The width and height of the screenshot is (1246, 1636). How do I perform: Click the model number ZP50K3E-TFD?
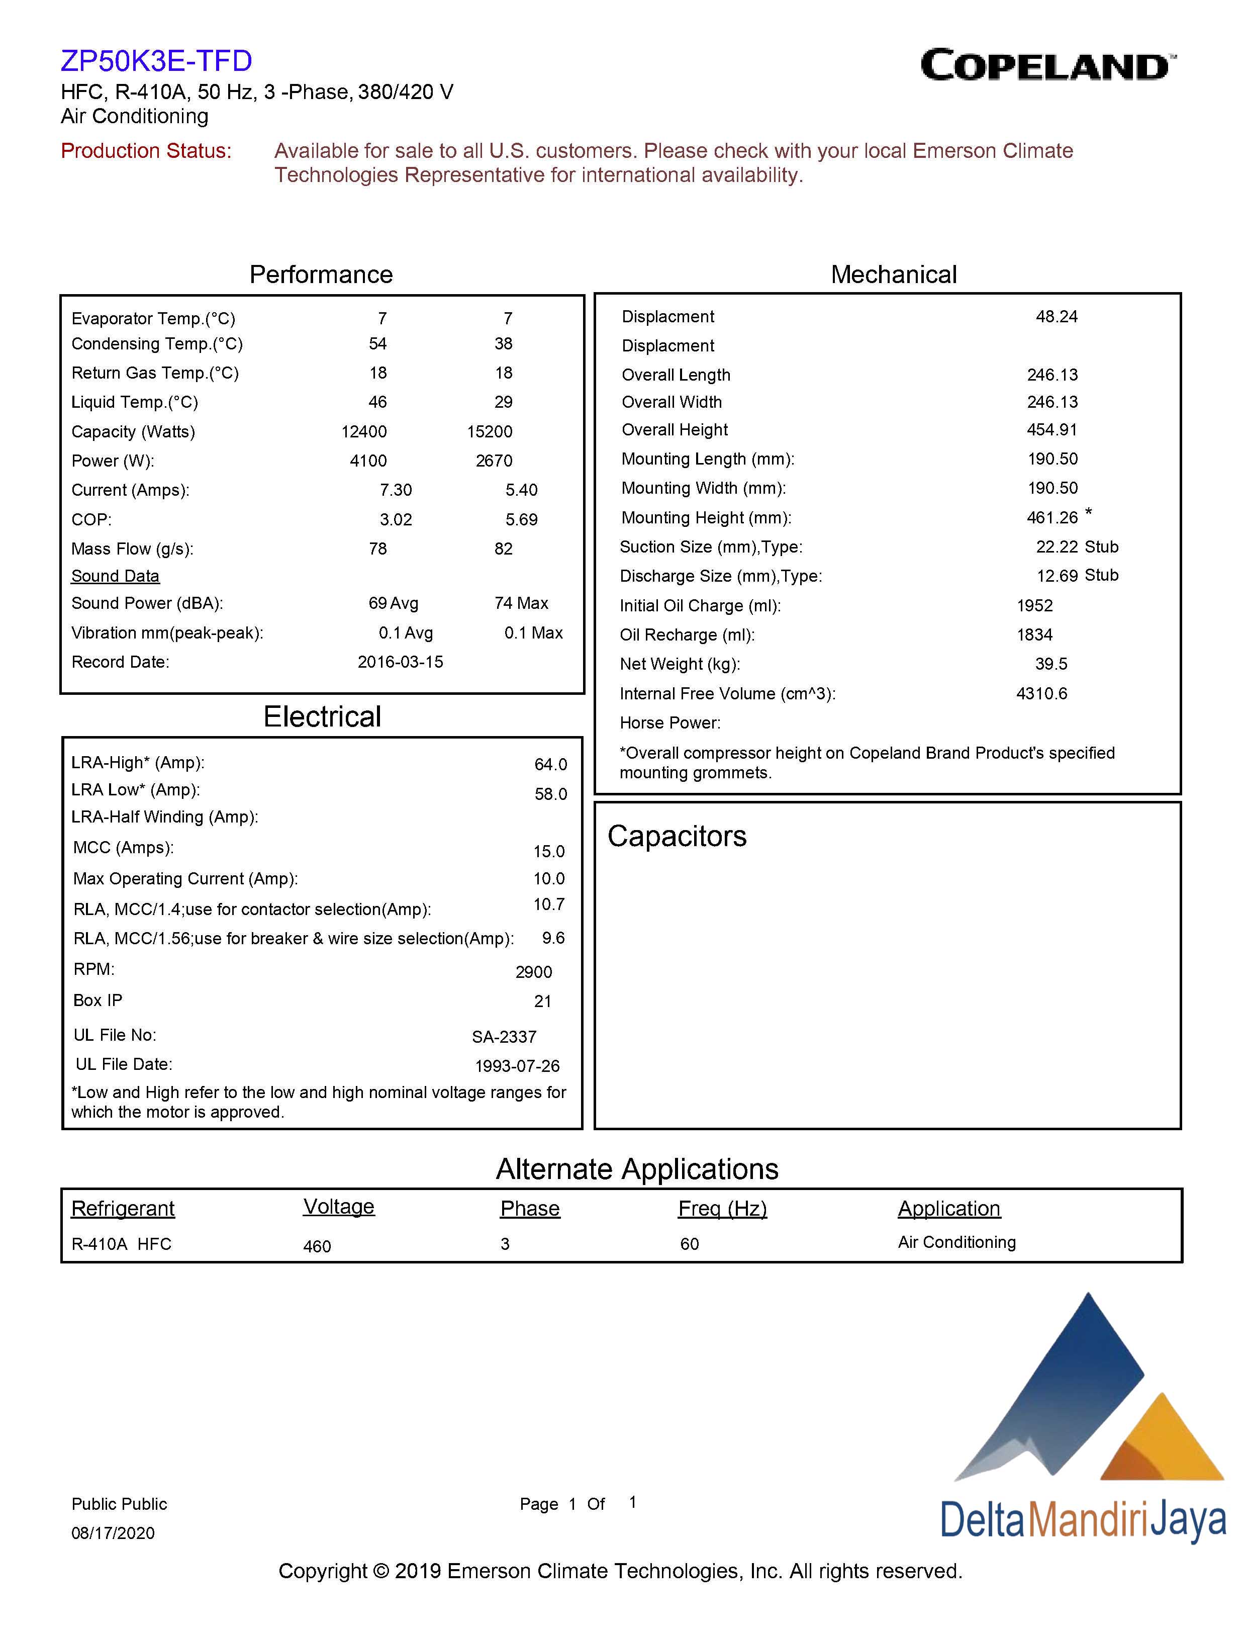click(156, 61)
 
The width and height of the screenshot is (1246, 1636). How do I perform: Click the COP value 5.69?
click(521, 519)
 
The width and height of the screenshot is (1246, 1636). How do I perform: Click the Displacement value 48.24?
click(1056, 317)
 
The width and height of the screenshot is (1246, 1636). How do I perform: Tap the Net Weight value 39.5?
click(1051, 664)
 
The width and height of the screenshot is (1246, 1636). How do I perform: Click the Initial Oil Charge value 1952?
click(1034, 605)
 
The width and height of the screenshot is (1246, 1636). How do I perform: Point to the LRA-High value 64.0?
click(550, 764)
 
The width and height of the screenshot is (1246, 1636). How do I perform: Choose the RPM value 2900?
click(533, 972)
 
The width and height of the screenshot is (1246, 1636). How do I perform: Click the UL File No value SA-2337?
click(504, 1037)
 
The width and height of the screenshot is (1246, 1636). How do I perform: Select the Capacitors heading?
click(677, 836)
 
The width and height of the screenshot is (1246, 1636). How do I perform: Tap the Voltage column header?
click(338, 1207)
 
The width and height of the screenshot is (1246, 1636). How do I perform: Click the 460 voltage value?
click(317, 1246)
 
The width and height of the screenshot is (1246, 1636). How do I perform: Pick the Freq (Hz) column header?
click(722, 1209)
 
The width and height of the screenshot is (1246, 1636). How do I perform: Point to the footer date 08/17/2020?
click(113, 1533)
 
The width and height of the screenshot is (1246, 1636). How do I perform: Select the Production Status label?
click(146, 151)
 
